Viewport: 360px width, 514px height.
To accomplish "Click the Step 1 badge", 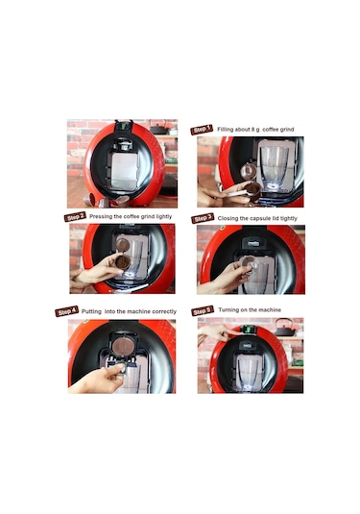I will [202, 129].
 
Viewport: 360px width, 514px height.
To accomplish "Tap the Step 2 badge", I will [77, 217].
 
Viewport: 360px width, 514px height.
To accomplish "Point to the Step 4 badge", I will [67, 311].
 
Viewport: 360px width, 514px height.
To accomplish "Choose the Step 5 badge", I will [203, 311].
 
